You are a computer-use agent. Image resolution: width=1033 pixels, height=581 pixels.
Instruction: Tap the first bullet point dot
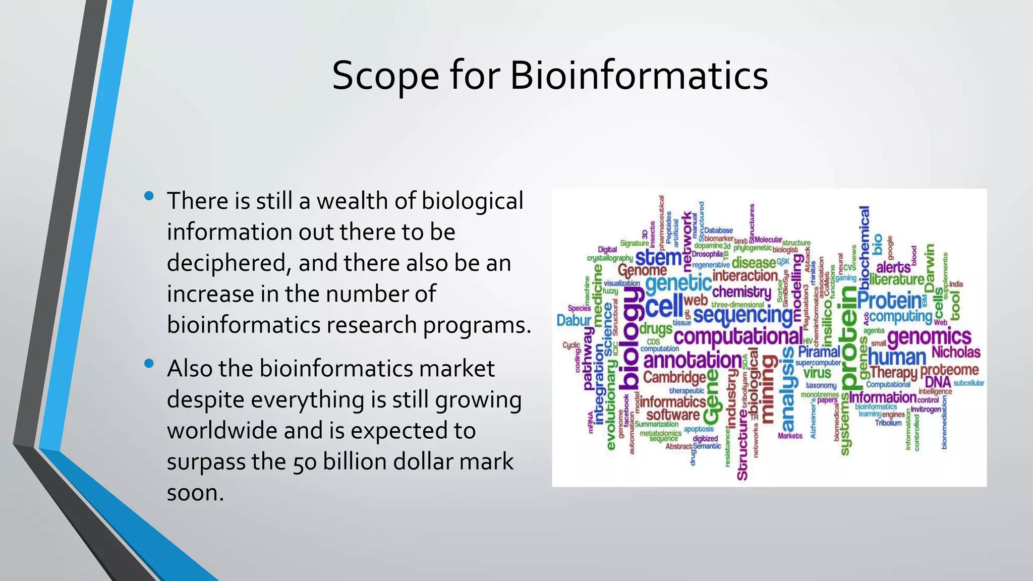pos(149,196)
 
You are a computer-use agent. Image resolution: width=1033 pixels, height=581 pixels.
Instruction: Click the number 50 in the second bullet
pos(305,462)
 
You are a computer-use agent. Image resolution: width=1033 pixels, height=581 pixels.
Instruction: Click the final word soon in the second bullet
pos(195,493)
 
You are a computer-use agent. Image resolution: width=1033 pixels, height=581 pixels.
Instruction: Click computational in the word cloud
pos(737,336)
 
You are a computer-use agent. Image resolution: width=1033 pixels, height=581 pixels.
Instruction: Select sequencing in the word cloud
pos(742,315)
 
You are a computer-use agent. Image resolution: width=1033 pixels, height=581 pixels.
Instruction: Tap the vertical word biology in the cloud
pos(629,340)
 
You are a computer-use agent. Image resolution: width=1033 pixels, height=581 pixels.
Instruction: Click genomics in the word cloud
pos(929,336)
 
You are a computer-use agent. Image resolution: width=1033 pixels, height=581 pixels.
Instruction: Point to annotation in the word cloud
pos(693,360)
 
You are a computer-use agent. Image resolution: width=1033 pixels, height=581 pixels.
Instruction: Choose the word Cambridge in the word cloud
pos(674,377)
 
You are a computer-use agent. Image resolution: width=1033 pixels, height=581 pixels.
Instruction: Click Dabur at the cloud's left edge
pos(573,320)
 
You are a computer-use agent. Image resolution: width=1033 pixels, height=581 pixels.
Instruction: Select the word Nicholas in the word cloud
pos(955,352)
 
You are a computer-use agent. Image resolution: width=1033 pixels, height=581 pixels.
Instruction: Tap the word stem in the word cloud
pos(658,258)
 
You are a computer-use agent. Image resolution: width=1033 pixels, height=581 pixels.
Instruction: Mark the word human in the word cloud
pos(897,358)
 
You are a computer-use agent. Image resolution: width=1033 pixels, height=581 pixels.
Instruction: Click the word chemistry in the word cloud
pos(741,292)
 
